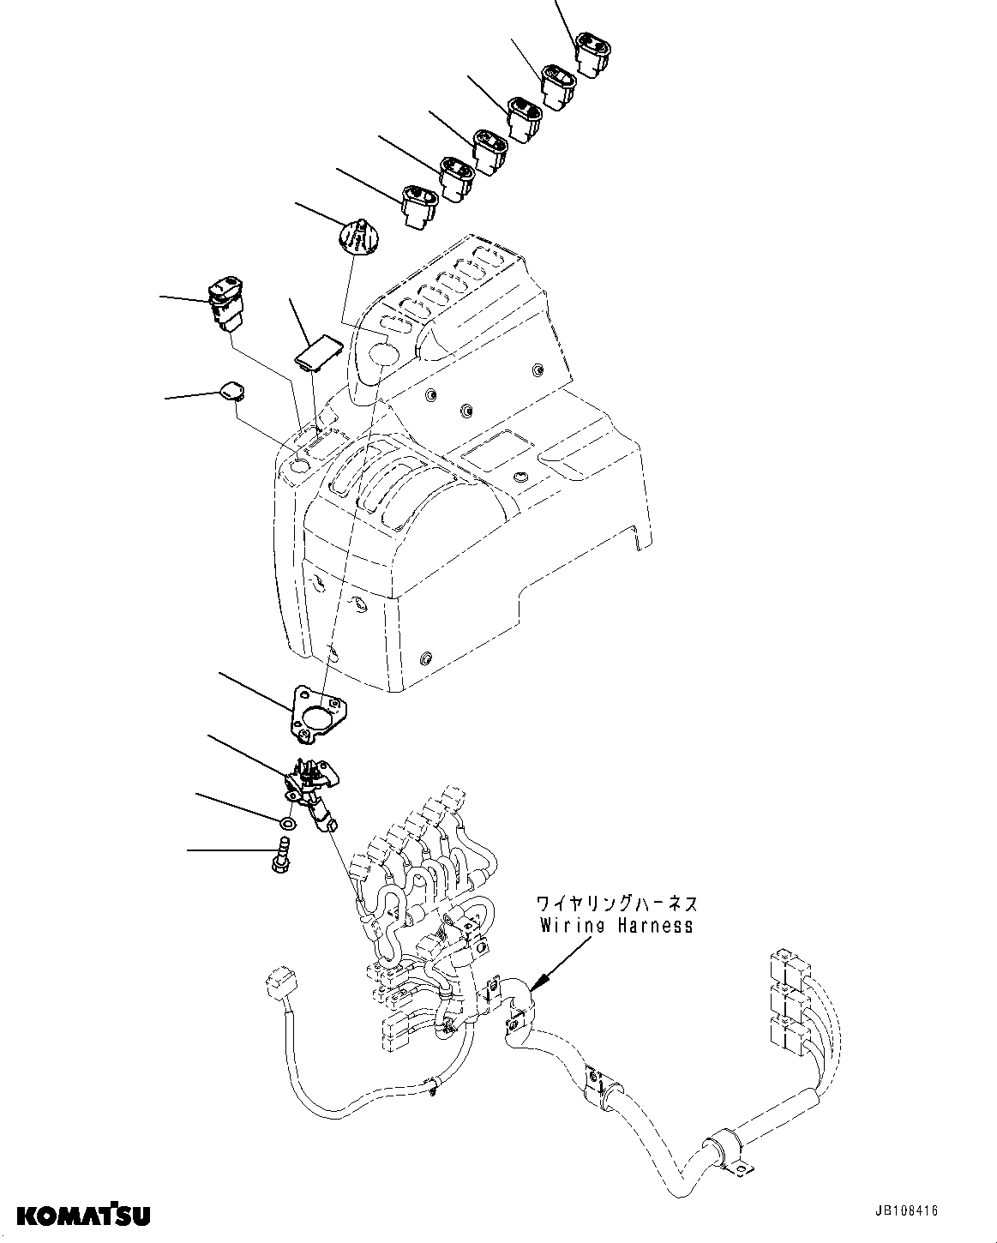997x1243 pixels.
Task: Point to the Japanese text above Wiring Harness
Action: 616,904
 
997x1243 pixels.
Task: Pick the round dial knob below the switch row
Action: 360,236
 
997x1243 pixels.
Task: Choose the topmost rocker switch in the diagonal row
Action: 592,54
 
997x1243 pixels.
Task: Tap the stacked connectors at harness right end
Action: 789,999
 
